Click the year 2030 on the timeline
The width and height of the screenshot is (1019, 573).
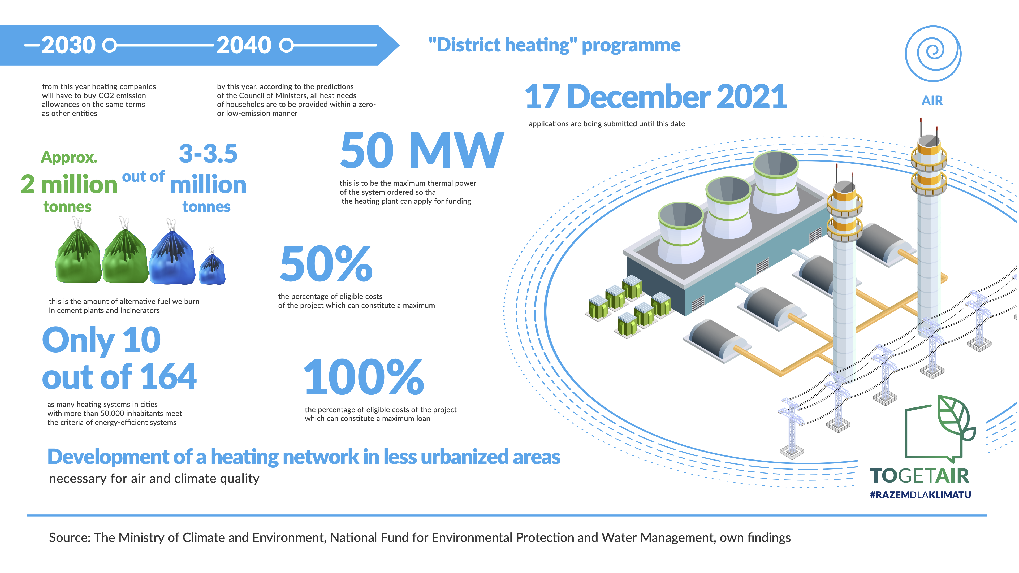pos(68,45)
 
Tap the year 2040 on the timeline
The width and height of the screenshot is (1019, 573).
pos(244,45)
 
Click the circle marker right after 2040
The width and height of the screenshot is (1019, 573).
pos(286,45)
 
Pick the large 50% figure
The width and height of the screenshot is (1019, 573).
pos(326,263)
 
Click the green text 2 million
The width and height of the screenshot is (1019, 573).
pos(69,184)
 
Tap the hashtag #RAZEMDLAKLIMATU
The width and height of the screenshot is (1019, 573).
pos(920,495)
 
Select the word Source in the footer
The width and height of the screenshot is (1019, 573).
pos(70,538)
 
